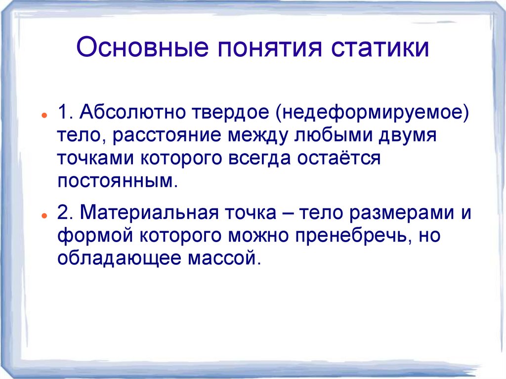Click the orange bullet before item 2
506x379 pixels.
tap(44, 215)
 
